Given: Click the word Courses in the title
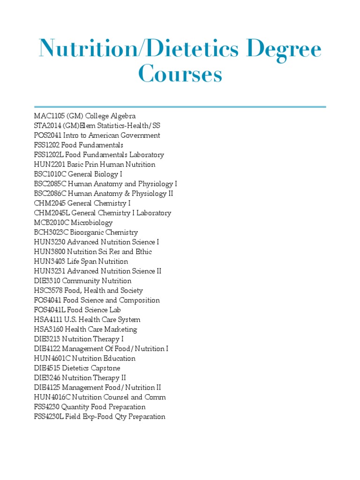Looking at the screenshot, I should (180, 75).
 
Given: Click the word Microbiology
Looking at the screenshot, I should (92, 223).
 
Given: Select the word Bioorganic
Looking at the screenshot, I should (87, 232).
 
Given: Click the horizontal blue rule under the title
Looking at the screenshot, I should (180, 107).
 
